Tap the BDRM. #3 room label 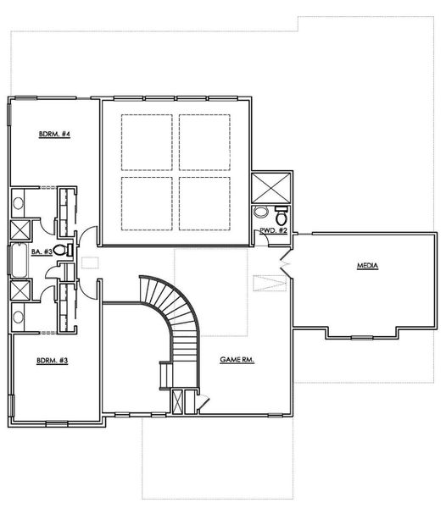pos(53,360)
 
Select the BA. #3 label pos(42,251)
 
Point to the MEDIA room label pos(367,266)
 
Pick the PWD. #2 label pos(273,230)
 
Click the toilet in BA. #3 pos(69,250)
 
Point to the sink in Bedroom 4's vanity pos(19,203)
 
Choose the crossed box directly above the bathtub pos(20,229)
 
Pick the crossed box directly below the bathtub pos(20,290)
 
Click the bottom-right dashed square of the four pos(205,202)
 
